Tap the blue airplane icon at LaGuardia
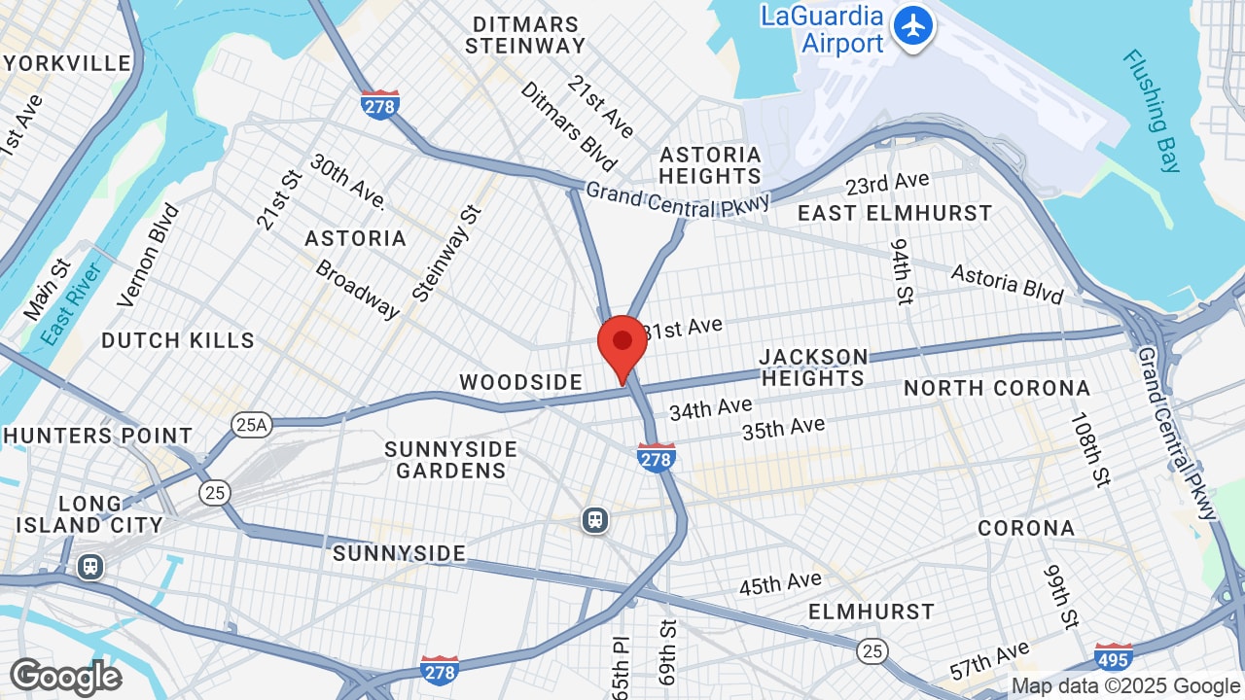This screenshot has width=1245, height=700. [912, 26]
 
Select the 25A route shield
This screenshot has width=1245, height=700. [250, 424]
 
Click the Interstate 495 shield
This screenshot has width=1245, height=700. [1113, 659]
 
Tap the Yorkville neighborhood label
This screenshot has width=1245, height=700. [67, 64]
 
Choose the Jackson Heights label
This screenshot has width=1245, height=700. [813, 367]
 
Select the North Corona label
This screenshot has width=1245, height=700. [997, 388]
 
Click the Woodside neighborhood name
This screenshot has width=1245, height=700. [520, 382]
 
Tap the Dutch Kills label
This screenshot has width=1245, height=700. [178, 340]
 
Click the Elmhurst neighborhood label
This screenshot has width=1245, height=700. [871, 612]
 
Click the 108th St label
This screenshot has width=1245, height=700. [1089, 449]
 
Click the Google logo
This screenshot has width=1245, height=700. [65, 678]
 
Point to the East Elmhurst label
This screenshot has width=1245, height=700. [895, 213]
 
